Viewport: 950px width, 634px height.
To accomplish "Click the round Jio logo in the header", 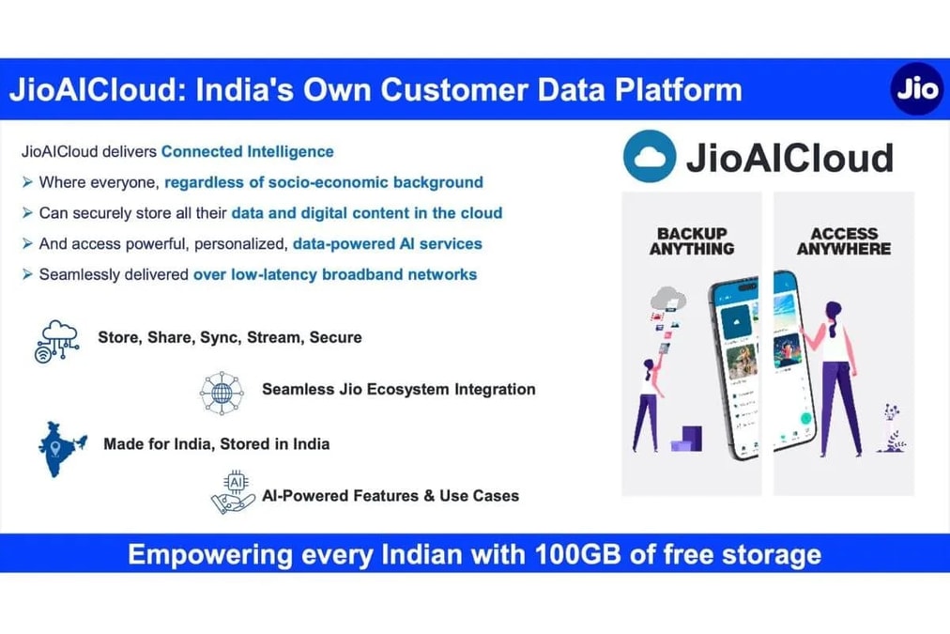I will [x=916, y=90].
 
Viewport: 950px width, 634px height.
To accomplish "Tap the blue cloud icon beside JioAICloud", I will [x=649, y=157].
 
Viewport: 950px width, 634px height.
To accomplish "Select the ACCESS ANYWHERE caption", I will [x=843, y=241].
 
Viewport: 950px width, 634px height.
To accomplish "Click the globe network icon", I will [x=222, y=391].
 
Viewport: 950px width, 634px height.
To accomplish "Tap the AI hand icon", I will [x=233, y=493].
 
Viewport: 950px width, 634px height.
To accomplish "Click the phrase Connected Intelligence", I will [x=247, y=151].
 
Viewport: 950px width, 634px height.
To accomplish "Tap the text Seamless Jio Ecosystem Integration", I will [x=398, y=389].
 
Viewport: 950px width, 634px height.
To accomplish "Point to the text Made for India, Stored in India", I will [x=216, y=443].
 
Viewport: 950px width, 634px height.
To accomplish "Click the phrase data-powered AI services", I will [x=387, y=243].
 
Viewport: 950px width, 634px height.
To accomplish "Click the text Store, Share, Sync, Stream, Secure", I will [x=229, y=337].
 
